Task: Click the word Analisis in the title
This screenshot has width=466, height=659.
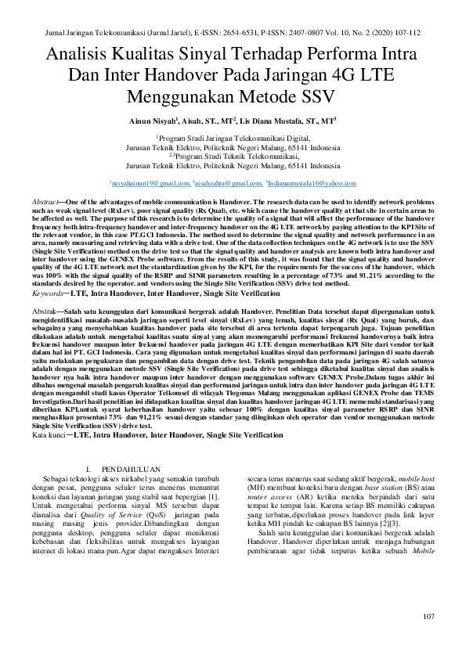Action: click(x=82, y=56)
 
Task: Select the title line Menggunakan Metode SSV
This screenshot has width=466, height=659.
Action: click(x=233, y=96)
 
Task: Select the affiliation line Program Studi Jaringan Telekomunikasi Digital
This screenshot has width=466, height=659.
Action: click(x=234, y=136)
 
